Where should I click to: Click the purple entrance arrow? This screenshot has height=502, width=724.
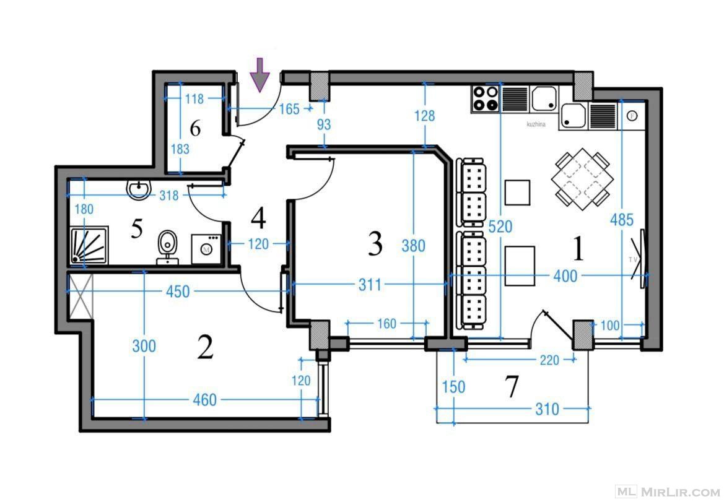tap(261, 74)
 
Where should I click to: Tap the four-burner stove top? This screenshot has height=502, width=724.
tap(486, 99)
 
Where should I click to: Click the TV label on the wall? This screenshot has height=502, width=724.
tap(632, 260)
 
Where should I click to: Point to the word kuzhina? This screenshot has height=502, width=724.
tap(536, 124)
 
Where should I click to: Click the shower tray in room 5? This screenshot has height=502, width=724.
tap(89, 245)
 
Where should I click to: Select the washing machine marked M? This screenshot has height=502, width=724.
tap(206, 249)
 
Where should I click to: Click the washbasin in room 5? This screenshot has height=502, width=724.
tap(138, 189)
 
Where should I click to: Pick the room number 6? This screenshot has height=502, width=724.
tap(195, 128)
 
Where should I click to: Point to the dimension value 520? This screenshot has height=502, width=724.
tap(500, 227)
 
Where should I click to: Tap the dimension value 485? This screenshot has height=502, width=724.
tap(621, 220)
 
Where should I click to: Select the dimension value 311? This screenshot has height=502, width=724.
tap(370, 285)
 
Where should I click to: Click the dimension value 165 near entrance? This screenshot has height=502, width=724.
tap(289, 109)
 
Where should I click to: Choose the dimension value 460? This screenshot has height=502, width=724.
tap(204, 400)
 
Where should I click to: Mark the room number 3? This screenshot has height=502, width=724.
tap(375, 244)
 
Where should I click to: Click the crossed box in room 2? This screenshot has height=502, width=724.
tap(81, 296)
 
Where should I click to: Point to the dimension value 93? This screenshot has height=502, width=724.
tap(324, 124)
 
